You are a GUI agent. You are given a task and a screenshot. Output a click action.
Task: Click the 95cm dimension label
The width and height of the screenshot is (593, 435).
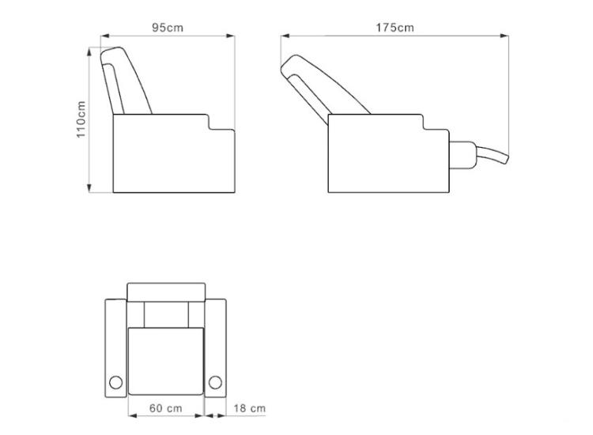(168, 28)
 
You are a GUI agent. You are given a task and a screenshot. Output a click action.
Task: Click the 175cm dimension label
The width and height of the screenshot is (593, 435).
(395, 28)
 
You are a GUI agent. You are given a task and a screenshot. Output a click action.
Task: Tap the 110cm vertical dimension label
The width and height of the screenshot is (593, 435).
(81, 119)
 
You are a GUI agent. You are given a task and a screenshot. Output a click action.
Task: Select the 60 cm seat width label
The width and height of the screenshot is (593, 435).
(166, 408)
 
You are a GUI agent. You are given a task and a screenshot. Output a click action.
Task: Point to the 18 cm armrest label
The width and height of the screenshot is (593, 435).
(249, 408)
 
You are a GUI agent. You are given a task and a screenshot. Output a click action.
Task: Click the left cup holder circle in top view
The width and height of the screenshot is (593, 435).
(115, 383)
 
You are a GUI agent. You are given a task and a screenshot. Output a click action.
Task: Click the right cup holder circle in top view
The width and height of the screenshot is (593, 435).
(215, 383)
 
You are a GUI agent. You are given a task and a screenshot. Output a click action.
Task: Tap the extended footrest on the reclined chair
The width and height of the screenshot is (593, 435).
(492, 154)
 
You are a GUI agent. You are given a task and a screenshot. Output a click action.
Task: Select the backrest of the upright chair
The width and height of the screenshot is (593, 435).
(125, 80)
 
